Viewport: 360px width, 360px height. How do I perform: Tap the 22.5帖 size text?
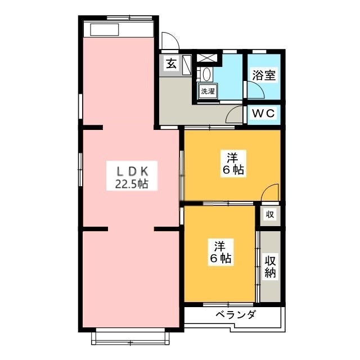pos(132,183)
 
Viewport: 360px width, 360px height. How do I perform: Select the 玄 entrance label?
pos(170,63)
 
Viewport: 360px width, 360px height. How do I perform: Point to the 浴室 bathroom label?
pos(264,75)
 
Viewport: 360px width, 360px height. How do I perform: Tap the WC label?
pos(263,113)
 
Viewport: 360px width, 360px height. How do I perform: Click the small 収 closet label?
pos(270,214)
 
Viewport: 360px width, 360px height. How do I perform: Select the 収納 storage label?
pos(270,268)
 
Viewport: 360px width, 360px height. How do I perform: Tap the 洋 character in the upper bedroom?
pos(233,156)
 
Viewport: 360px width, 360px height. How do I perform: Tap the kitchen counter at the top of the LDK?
pos(118,30)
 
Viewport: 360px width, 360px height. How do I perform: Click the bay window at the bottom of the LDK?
pos(130,336)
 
